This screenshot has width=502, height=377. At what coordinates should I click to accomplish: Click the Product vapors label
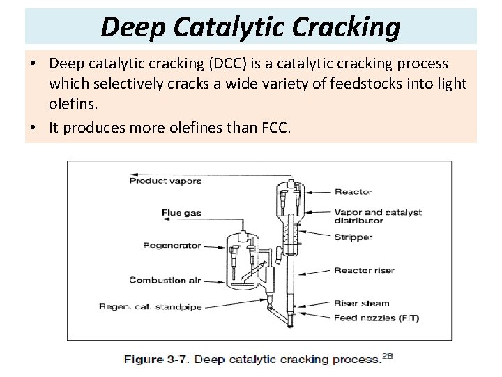[x=165, y=181]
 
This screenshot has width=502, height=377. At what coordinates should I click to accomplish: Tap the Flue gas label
[x=181, y=213]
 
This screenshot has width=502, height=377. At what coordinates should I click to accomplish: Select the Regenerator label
[x=172, y=245]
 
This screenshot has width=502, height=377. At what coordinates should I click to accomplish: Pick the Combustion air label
[x=165, y=280]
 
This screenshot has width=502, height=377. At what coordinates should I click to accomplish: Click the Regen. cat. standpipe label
[x=150, y=306]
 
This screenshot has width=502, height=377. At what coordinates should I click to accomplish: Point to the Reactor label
[x=353, y=191]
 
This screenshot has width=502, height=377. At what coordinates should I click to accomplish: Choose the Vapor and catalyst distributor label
[x=378, y=216]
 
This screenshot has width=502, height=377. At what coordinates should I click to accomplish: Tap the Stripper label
[x=353, y=237]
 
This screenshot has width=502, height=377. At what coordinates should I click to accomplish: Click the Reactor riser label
[x=365, y=271]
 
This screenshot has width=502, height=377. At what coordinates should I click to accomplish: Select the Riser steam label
[x=362, y=304]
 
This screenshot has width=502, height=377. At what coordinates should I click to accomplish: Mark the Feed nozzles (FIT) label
[x=376, y=318]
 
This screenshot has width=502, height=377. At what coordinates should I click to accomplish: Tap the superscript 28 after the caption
[x=388, y=355]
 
